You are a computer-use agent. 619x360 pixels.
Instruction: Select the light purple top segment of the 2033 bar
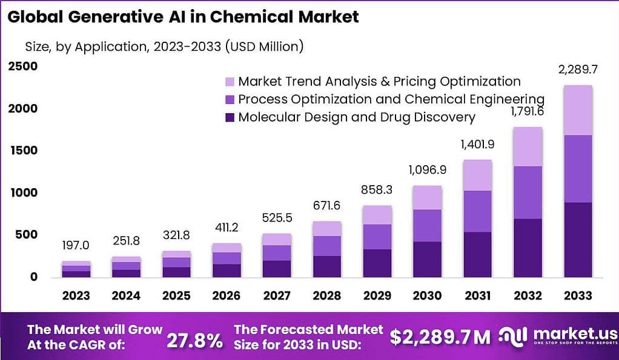(x=577, y=110)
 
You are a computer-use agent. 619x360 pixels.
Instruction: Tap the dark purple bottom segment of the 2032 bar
(x=528, y=248)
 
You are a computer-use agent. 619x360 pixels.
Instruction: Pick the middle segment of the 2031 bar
(x=478, y=211)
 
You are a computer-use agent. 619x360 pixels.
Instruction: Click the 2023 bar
(x=76, y=269)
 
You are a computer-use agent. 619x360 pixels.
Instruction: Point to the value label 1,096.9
(x=427, y=169)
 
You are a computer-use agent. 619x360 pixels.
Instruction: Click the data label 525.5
(x=276, y=217)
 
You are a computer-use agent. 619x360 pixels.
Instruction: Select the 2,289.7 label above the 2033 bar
(x=577, y=69)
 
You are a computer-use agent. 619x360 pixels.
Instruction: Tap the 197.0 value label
(x=76, y=245)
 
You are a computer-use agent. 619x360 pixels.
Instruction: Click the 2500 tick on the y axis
(x=22, y=66)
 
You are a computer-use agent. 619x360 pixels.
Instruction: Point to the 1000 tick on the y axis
(x=22, y=192)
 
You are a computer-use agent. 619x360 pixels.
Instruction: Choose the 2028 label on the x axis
(x=327, y=296)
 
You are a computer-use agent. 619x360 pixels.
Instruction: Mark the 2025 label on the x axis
(x=176, y=296)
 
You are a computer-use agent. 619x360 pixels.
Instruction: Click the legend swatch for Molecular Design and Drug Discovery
(x=229, y=117)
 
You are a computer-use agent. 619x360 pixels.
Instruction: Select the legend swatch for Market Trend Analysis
(x=229, y=82)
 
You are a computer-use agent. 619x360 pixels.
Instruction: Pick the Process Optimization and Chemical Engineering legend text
(x=391, y=99)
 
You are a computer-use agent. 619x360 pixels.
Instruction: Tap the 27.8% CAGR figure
(x=195, y=340)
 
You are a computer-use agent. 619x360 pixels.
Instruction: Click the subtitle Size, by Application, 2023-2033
(x=164, y=46)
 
